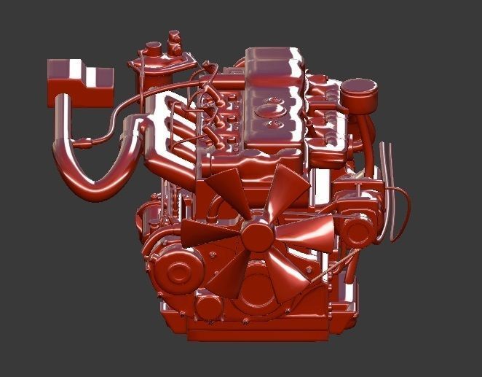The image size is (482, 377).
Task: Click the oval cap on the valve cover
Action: click(274, 110)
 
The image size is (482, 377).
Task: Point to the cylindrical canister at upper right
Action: click(357, 95)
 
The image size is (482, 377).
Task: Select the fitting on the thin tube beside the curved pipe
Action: click(89, 138)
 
